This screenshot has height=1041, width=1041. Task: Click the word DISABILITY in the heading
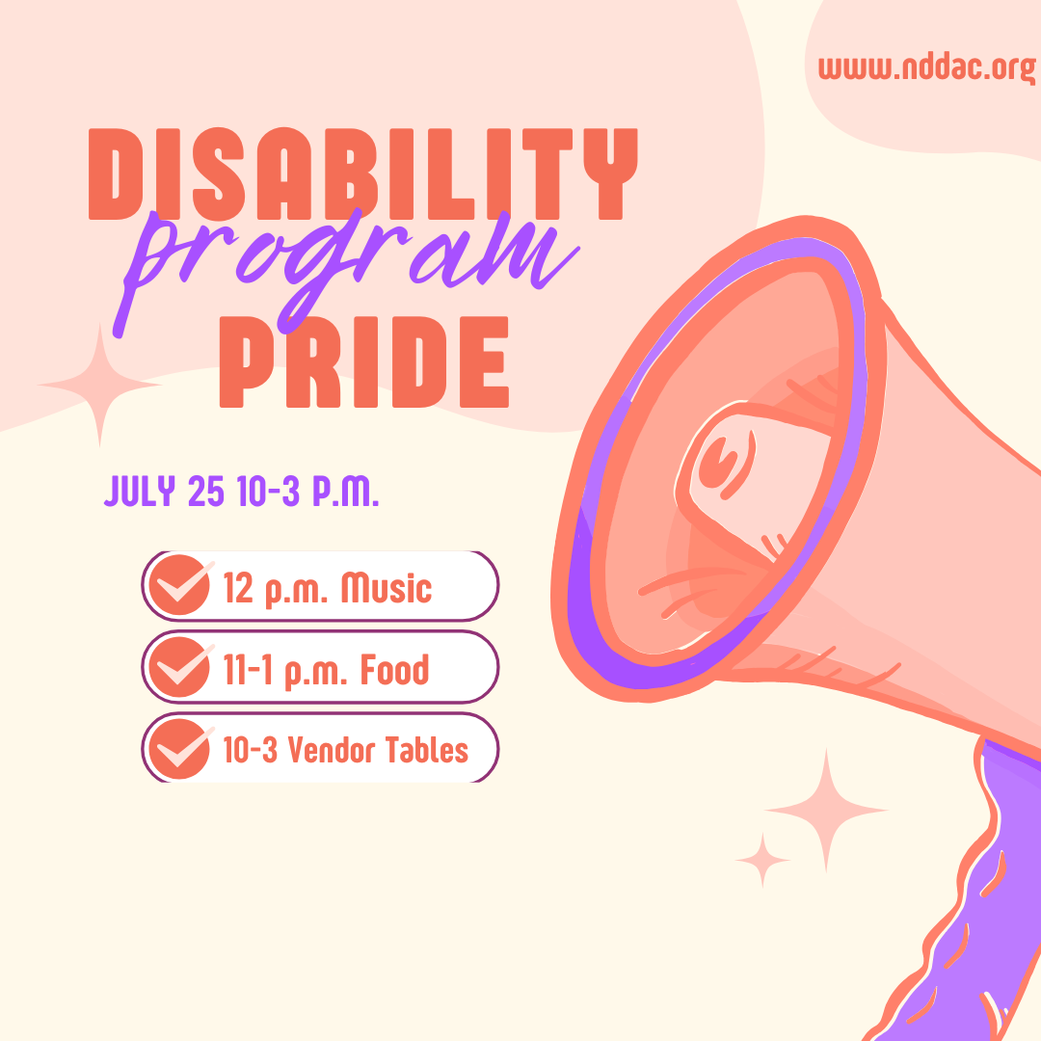point(363,173)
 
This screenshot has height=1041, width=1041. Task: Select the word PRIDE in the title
point(363,361)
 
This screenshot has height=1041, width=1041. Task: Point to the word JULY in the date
point(140,492)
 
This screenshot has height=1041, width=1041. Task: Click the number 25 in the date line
point(206,492)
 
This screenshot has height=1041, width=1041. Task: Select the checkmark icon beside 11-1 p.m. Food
point(180,667)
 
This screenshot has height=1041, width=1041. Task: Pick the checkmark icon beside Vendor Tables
point(180,749)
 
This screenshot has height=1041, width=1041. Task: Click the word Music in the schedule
point(387,588)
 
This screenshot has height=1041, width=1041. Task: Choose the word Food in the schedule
point(394,670)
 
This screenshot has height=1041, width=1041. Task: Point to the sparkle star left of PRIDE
point(99,385)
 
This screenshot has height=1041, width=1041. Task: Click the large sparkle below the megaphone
point(826,810)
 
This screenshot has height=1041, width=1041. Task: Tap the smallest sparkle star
point(762,861)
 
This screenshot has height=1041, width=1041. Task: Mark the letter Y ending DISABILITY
point(611,173)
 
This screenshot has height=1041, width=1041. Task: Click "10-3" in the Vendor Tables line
point(250,751)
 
